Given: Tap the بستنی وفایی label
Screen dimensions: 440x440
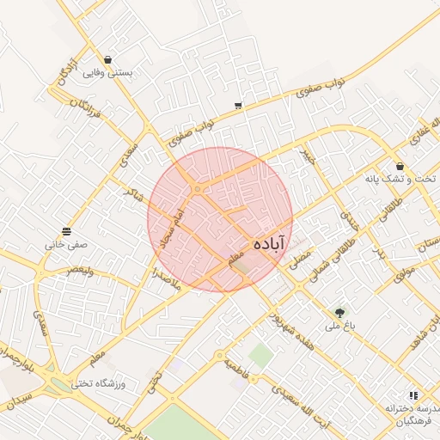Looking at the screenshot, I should pos(107,73).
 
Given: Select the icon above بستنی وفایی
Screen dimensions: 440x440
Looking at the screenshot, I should pos(107,59).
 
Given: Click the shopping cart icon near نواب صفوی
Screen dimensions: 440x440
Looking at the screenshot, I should pos(237,107).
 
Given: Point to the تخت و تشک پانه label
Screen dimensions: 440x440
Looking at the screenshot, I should pos(400,180).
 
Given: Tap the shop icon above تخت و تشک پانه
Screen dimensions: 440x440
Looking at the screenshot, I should pos(400,166).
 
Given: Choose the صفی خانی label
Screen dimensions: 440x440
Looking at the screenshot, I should pos(67,245).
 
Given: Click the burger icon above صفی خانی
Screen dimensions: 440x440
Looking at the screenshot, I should pos(67,231).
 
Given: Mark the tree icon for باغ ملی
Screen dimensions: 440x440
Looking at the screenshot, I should pos(340,312).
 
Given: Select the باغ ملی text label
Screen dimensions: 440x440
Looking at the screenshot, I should pos(340,327).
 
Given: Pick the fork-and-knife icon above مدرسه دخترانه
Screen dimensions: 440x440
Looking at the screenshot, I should pos(413,395).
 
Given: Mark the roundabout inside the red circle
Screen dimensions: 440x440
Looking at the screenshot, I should pos(198,188).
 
